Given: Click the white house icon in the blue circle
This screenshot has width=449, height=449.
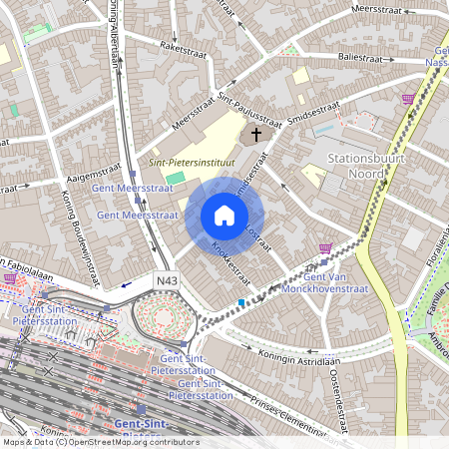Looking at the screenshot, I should (224, 216).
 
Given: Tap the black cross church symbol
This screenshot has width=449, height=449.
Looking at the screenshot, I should (255, 133).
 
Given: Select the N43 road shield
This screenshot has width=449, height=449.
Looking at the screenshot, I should (167, 283).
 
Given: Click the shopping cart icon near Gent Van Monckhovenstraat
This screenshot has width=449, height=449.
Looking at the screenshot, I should (325, 248).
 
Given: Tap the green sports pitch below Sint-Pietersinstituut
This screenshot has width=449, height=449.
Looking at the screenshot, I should (203, 178).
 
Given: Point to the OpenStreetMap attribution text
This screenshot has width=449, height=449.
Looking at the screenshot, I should (100, 441).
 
